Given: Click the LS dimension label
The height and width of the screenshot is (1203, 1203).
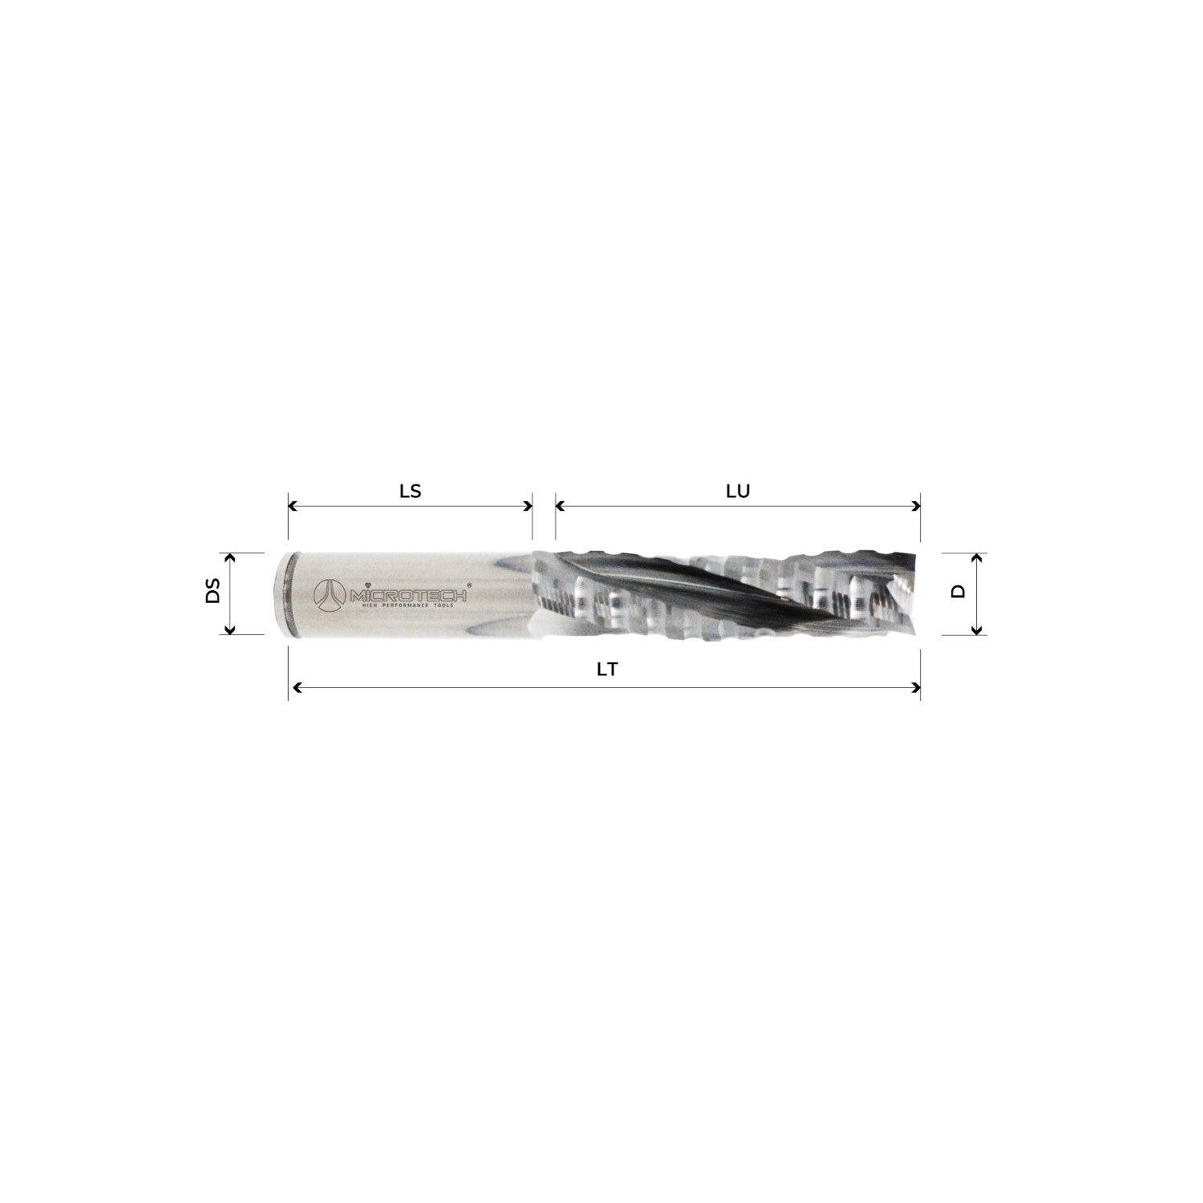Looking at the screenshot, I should pos(410,491).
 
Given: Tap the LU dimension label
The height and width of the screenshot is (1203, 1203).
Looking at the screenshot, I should pos(737,491).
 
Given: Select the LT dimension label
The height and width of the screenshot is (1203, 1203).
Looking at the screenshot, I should pos(607,670).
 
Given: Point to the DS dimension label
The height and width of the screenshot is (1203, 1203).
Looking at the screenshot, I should pos(213,593).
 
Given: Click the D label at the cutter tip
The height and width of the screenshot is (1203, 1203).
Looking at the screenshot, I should pos(958,592).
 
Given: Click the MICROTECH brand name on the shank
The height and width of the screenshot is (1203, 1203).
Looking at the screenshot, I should pos(409,594).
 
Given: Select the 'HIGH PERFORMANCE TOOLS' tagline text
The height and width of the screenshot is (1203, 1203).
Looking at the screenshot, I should pos(408,606).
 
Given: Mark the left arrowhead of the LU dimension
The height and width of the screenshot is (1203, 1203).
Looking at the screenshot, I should pos(560,506).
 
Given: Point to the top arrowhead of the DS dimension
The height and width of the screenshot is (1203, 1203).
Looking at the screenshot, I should pos(230,557).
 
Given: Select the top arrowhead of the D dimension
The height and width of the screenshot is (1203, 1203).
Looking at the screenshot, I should pos(976,557).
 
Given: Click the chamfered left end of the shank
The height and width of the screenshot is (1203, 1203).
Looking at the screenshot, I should pos(283,593).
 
